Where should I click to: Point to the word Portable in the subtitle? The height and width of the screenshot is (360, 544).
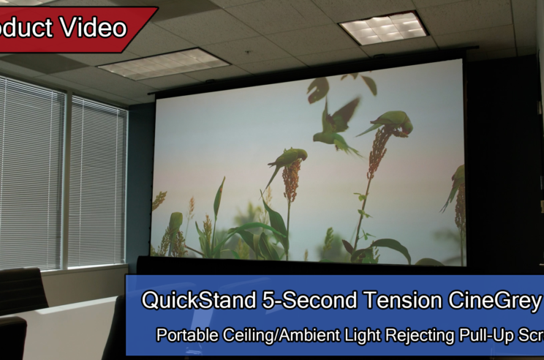pos(186,335)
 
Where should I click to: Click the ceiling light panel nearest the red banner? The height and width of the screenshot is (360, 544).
pos(154,64)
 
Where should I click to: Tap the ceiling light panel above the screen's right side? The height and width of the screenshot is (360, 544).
pos(384,28)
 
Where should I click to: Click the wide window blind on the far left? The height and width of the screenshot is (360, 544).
pos(31,172)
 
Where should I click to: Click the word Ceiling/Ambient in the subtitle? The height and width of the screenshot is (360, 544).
pos(272,335)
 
